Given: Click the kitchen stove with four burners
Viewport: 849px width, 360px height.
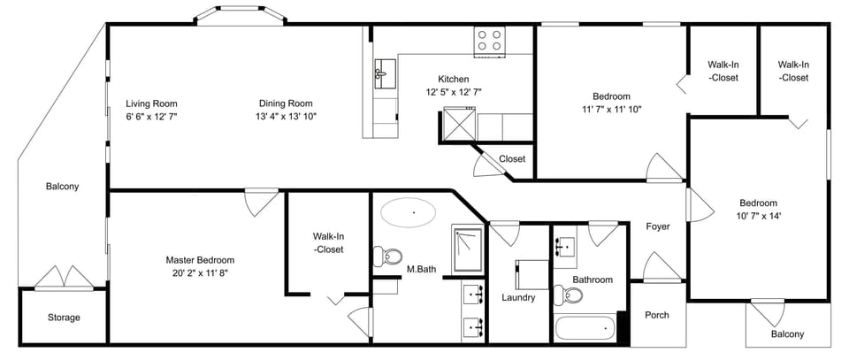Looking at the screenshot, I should point(489,40).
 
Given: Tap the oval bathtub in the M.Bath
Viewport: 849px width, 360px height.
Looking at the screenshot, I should point(408,213).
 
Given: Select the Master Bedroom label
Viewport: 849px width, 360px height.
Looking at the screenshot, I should point(200,260).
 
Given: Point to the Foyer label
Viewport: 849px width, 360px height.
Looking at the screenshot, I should point(657,226).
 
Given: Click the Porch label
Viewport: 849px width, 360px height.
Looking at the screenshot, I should point(656,315).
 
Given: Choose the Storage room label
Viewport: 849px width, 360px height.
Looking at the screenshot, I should point(64,318).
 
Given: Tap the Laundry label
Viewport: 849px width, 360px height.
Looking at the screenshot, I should point(518,297).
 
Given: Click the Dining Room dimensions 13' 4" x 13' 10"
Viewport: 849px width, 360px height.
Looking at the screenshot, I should point(286,116).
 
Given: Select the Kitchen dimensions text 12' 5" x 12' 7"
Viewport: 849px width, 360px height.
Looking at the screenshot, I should point(453,92).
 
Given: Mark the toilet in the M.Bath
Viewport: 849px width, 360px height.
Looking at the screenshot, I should point(386,257).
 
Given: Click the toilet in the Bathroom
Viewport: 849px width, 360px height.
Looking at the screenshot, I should point(562,295).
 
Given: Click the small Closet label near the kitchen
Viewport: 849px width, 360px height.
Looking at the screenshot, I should point(512,159).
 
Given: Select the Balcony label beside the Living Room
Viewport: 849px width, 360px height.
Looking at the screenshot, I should point(63,187).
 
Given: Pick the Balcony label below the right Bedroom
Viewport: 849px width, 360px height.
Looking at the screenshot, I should point(787,333).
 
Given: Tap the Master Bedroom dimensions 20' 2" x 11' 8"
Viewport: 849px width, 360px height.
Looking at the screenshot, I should point(200,273).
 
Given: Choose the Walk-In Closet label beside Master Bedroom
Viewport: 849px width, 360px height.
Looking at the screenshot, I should point(327,243).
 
